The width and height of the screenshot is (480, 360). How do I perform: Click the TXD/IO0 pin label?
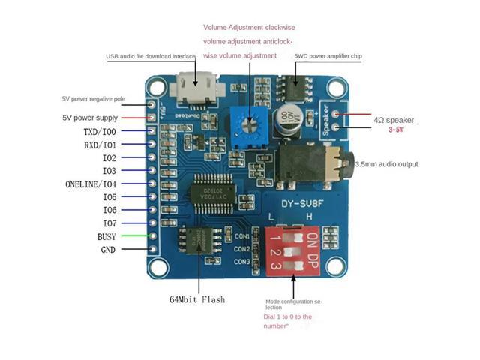[100, 132]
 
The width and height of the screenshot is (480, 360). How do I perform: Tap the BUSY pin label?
[107, 236]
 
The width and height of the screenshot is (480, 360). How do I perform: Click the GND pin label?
[109, 249]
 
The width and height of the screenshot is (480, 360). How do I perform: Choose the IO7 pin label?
[109, 223]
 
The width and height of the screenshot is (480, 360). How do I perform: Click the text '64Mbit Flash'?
[196, 299]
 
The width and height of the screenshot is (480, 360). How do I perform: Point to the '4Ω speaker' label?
[393, 120]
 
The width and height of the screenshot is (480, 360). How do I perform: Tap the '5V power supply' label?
[89, 118]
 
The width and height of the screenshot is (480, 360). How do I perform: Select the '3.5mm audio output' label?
[386, 164]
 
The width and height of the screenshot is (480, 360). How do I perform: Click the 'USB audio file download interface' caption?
[150, 56]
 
